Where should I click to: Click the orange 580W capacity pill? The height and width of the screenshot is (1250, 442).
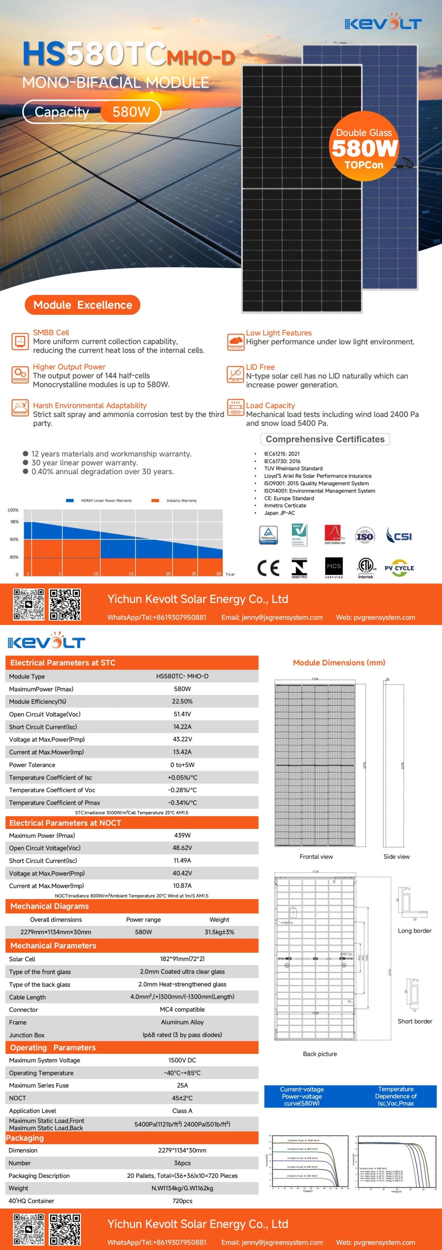[x=131, y=112]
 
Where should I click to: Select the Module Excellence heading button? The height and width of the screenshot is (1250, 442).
[x=83, y=305]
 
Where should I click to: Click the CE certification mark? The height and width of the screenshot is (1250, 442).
[x=268, y=567]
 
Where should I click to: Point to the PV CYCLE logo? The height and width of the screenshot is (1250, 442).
[x=399, y=568]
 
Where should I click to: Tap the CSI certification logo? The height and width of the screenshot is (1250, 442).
[x=399, y=536]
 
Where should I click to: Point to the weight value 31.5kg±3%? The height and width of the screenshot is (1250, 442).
[x=219, y=932]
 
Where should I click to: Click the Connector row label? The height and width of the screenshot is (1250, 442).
[x=23, y=1009]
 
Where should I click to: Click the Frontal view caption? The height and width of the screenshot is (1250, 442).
[x=316, y=856]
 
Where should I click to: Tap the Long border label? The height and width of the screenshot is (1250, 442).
[x=414, y=930]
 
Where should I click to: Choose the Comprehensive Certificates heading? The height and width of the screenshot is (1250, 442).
[x=325, y=439]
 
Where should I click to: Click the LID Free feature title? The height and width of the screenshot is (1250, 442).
[x=260, y=367]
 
